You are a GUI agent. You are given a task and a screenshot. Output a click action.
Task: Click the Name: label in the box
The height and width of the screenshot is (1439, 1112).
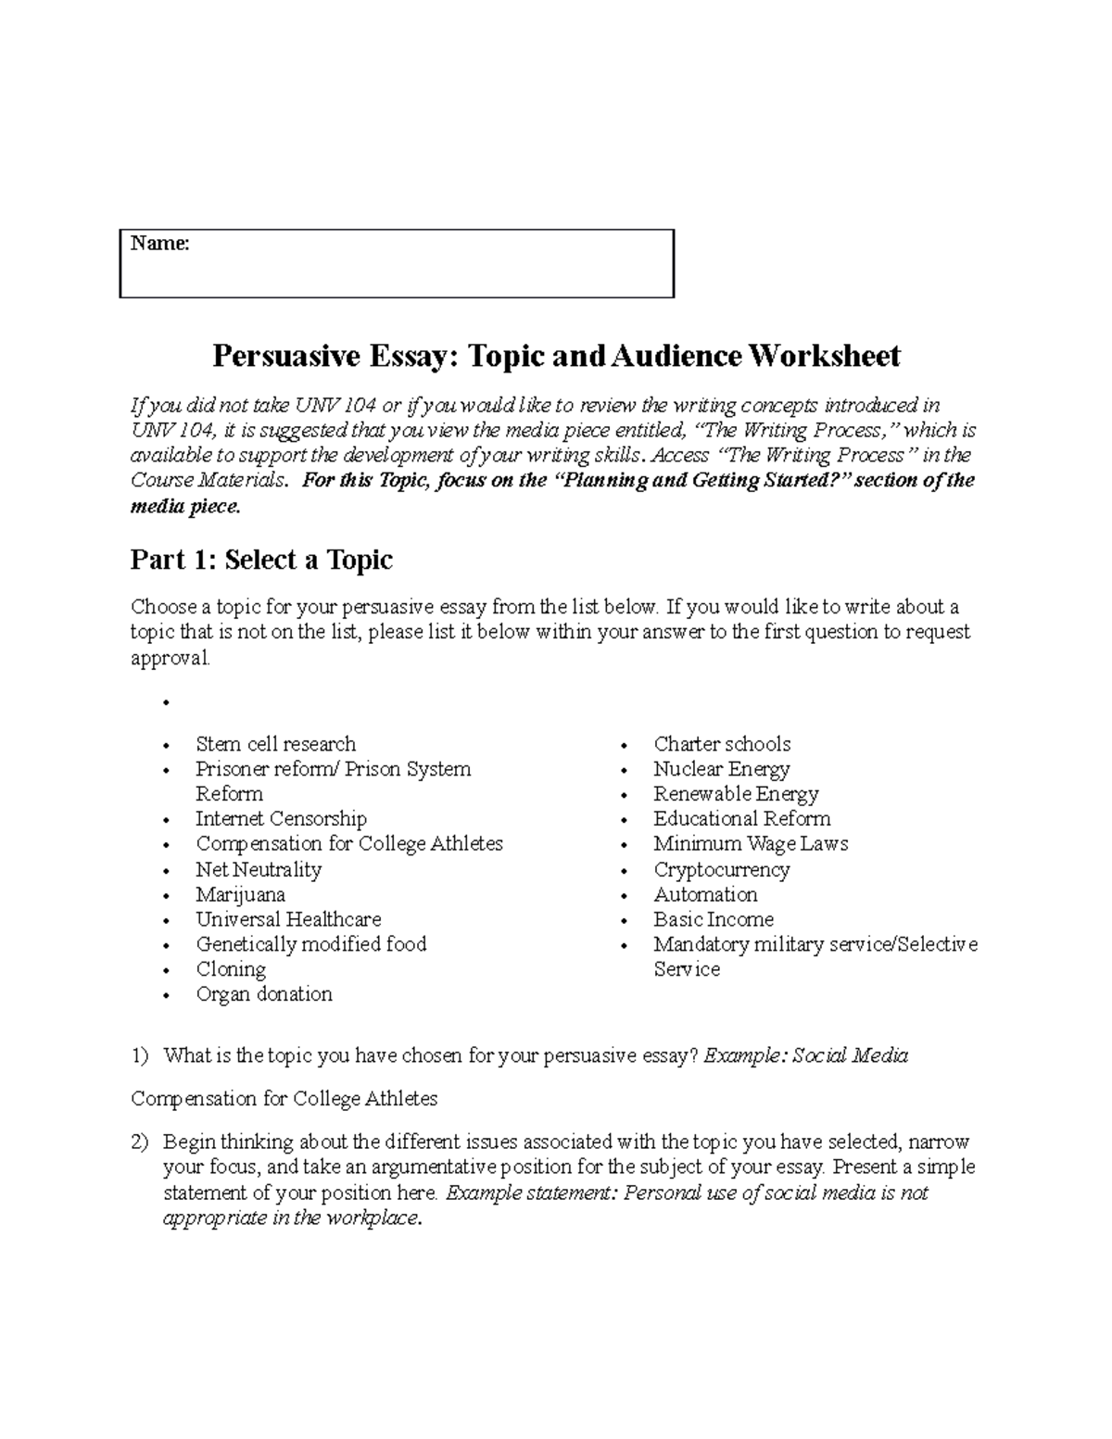[159, 244]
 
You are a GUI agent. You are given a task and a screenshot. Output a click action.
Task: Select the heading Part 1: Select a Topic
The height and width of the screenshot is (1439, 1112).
[261, 560]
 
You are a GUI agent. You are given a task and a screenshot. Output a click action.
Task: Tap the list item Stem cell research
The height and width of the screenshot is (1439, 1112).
[275, 744]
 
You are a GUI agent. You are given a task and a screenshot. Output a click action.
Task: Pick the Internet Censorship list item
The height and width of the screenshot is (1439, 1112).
[281, 819]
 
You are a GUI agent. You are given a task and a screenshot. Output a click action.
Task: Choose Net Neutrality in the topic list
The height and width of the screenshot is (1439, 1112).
[259, 869]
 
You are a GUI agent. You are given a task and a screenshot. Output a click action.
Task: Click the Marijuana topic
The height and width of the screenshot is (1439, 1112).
[240, 894]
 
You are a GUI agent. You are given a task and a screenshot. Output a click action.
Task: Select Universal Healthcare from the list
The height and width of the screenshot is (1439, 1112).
[288, 919]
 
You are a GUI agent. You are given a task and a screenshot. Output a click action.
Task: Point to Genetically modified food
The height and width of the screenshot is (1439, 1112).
[310, 944]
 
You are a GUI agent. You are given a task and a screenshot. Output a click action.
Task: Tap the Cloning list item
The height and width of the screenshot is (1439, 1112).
[231, 969]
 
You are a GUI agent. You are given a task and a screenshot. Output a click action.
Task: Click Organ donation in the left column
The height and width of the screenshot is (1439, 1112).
[264, 994]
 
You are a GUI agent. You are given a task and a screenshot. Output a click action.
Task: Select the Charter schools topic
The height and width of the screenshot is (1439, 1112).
[722, 744]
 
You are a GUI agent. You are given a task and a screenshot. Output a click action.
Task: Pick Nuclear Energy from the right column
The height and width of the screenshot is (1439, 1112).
[721, 769]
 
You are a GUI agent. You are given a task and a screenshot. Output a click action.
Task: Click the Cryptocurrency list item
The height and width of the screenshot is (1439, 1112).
[721, 869]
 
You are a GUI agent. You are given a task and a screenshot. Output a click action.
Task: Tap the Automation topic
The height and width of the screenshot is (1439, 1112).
[705, 894]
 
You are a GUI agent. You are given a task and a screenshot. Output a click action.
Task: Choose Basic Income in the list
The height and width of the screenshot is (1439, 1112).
[714, 919]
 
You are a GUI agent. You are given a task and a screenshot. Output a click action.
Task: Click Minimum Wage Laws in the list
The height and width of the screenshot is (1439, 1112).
[751, 844]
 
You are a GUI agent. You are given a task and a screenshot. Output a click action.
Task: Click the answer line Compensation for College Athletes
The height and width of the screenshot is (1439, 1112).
[284, 1099]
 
